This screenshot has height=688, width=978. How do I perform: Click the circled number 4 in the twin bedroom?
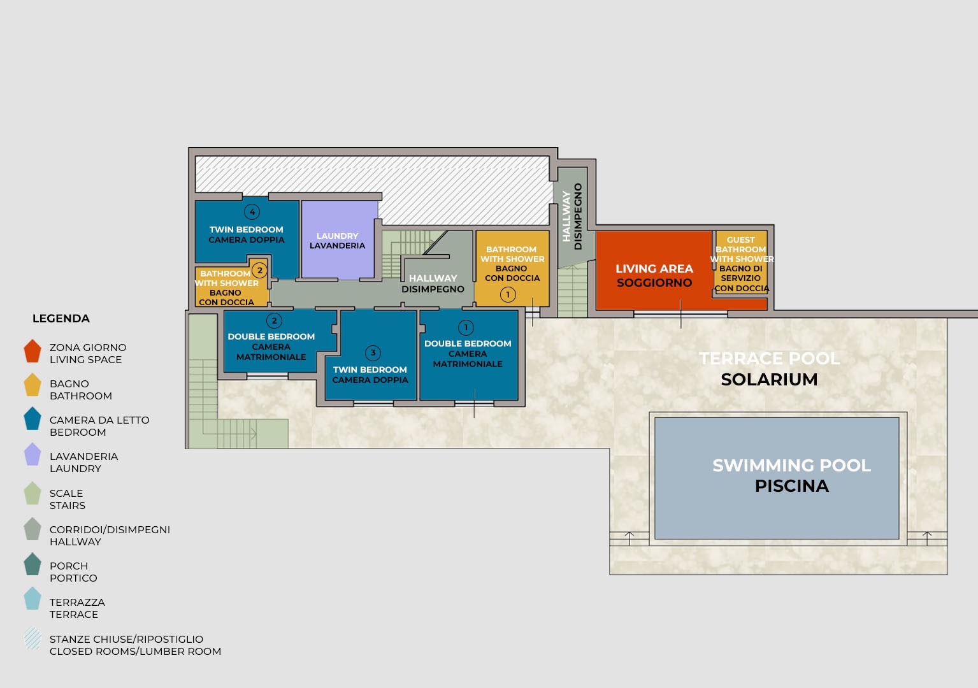click(x=252, y=211)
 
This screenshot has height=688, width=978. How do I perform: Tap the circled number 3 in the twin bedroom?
click(x=373, y=353)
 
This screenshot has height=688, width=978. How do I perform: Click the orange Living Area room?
click(x=654, y=271)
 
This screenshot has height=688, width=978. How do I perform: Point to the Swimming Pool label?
click(x=791, y=475)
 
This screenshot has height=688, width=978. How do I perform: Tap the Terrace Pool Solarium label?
click(x=769, y=369)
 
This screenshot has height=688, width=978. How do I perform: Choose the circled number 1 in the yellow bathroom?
click(x=508, y=295)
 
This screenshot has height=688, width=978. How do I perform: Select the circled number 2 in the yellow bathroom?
click(x=260, y=270)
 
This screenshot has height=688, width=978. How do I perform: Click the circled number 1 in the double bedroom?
click(x=466, y=327)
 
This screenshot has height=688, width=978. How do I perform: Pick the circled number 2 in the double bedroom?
click(x=274, y=321)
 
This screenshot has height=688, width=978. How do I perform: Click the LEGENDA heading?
click(x=61, y=319)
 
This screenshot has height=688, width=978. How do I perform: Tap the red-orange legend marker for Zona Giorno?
click(x=32, y=351)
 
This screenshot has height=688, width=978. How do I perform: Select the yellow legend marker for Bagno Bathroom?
click(x=32, y=385)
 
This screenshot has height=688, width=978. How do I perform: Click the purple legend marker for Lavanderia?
click(x=32, y=454)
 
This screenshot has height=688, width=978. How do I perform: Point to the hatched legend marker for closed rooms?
click(x=32, y=639)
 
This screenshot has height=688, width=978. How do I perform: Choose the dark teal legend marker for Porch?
click(x=32, y=564)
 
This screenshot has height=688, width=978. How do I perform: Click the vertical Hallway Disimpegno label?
click(x=572, y=216)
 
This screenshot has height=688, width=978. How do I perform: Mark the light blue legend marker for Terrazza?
click(x=32, y=598)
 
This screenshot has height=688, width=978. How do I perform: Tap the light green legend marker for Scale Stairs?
click(x=32, y=493)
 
